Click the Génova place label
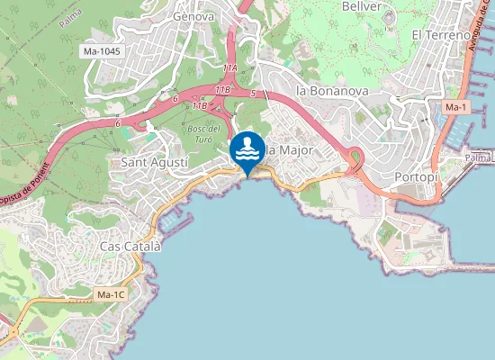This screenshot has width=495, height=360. click(193, 15)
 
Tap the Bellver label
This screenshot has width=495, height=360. click(363, 5)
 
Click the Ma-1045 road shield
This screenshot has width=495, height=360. click(102, 52)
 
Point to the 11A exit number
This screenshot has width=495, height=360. click(229, 67)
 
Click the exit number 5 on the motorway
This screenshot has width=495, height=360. click(254, 93)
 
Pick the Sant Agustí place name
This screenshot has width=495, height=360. click(154, 162)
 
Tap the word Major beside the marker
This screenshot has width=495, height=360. click(293, 149)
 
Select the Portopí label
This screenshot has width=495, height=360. click(416, 177)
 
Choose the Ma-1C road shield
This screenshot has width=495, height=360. click(111, 294)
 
